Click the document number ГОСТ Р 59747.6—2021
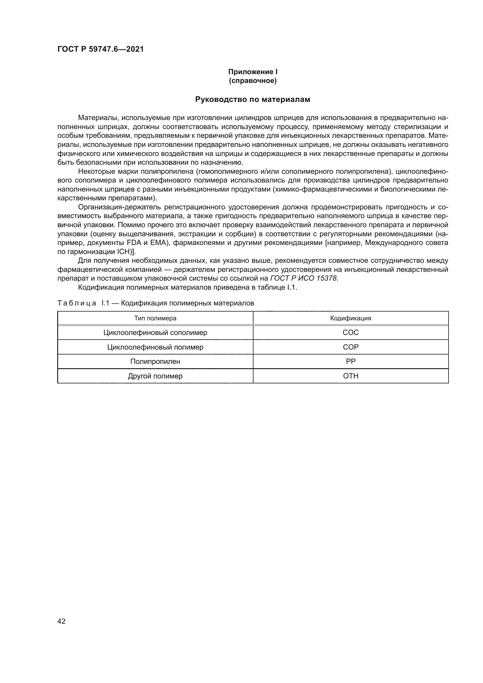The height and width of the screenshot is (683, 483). [x=100, y=49]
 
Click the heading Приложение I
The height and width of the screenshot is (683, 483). [x=253, y=72]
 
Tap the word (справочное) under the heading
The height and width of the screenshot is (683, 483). [x=253, y=81]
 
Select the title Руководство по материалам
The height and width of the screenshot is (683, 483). [x=253, y=99]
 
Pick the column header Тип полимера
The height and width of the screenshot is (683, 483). [x=155, y=318]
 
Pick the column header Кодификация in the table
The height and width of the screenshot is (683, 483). [x=351, y=318]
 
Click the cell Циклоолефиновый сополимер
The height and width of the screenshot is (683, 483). [x=155, y=332]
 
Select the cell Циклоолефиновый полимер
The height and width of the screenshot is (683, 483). [x=155, y=347]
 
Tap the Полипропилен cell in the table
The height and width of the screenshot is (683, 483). [x=155, y=362]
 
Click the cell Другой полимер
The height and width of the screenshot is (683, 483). [x=155, y=376]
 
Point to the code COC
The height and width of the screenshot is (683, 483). [x=351, y=332]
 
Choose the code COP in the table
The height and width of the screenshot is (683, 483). [x=351, y=347]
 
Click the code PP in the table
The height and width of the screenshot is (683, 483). [x=351, y=362]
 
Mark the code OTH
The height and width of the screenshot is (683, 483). [x=351, y=376]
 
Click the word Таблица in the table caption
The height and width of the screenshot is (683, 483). [x=77, y=303]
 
